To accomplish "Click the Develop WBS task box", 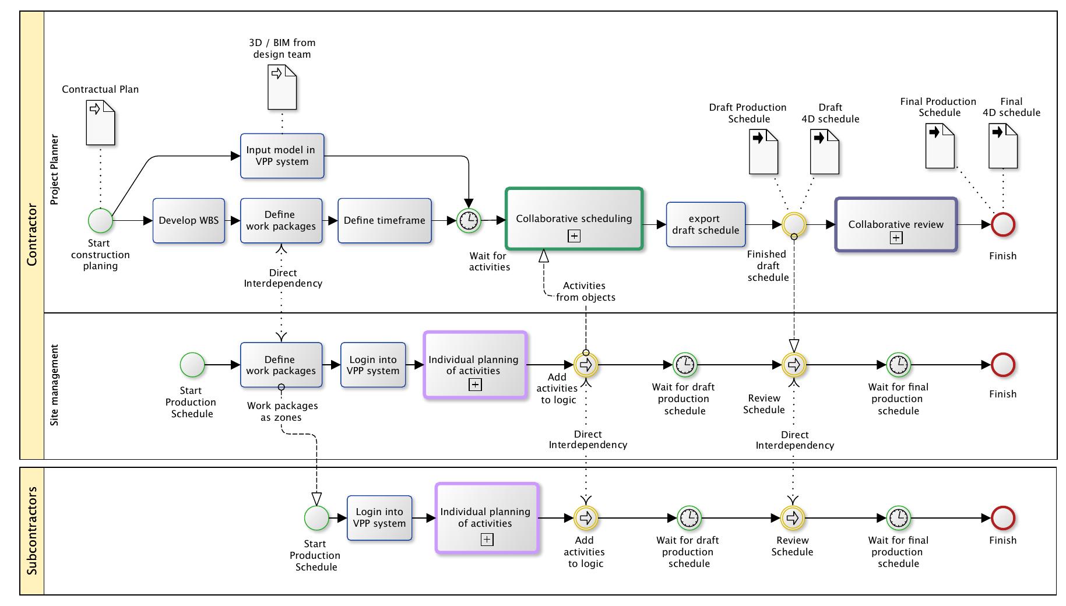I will pos(189,221).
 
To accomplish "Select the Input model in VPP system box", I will pos(282,156).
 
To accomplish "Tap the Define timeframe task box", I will pos(385,221).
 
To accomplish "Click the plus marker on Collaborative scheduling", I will pos(574,236).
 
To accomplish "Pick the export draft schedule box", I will pos(705,225).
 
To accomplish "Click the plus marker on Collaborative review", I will pos(896,238).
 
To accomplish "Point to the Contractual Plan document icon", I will pos(100,122).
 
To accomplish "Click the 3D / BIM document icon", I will pos(282,87).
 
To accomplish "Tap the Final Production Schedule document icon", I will pos(940,146).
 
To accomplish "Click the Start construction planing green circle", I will pos(100,221).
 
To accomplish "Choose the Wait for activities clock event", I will pos(469,221).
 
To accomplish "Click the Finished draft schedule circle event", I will pos(794,224).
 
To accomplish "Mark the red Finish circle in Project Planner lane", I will pos(1003,224).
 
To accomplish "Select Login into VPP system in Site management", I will pos(373,365).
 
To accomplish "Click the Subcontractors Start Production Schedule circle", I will pos(316,517).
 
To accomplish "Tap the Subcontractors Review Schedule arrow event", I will pos(792,517).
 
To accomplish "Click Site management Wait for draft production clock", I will pos(685,365).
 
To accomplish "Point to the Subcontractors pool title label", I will pos(32,531).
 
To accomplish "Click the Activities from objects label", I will pos(585,291).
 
